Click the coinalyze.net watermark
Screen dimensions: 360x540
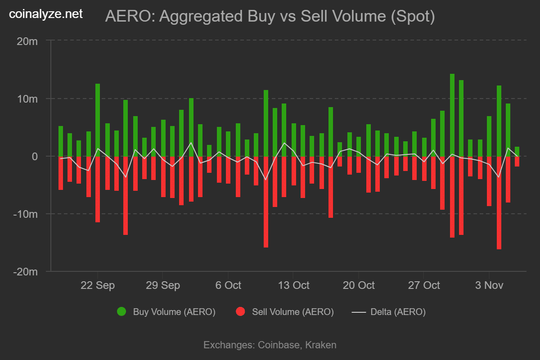[46, 14]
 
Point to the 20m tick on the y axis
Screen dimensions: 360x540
[27, 41]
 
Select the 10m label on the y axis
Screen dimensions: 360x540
[27, 99]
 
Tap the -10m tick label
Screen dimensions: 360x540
[25, 214]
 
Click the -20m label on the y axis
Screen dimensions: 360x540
[25, 271]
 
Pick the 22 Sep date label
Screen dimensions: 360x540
[98, 285]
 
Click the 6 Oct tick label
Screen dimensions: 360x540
[228, 285]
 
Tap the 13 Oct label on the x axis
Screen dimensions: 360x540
[293, 285]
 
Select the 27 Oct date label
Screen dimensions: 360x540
[423, 285]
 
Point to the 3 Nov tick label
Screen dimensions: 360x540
[489, 285]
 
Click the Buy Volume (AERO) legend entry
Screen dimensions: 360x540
[166, 312]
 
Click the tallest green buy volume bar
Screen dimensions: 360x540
[452, 115]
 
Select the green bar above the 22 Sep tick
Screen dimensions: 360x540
[98, 120]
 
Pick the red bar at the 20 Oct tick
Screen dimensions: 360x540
[359, 164]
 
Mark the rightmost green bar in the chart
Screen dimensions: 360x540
[517, 151]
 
